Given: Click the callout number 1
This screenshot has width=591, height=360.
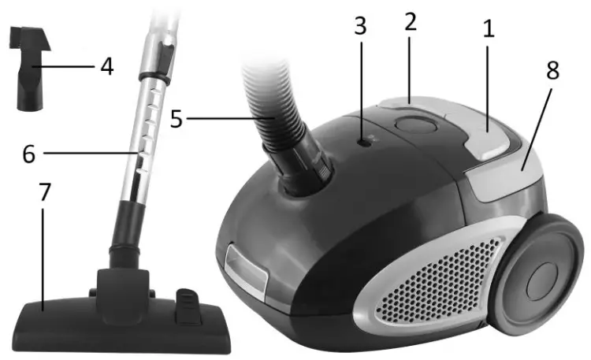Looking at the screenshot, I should tap(489, 32).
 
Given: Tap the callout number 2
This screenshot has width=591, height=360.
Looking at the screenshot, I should tap(410, 22).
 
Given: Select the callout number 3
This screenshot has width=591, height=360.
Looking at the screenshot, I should tap(360, 26).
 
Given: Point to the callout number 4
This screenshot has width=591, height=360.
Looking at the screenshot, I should tap(106, 66).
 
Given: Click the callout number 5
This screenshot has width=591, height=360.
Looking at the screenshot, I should tap(177, 120).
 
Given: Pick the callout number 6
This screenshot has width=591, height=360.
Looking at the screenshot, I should tap(28, 153).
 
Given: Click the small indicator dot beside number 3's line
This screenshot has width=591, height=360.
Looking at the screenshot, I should tap(362, 142).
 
